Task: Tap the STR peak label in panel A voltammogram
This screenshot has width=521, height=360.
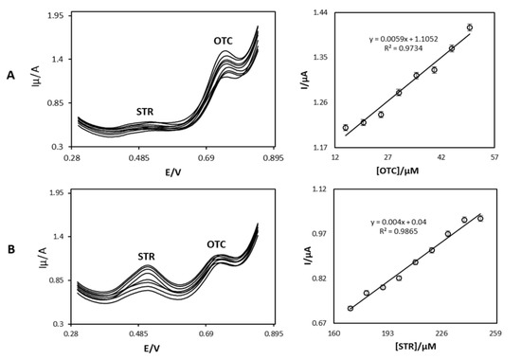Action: tap(145, 111)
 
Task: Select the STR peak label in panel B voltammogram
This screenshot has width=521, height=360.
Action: tap(147, 256)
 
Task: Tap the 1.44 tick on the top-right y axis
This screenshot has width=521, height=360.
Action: tap(319, 13)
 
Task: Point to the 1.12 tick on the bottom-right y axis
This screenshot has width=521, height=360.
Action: tap(319, 189)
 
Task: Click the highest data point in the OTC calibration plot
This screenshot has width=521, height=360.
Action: tap(469, 27)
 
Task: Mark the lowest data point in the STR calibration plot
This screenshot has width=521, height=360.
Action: tap(350, 308)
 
